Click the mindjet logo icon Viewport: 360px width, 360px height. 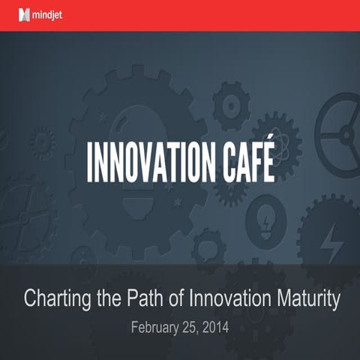coord(25,15)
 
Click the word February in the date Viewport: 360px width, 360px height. coord(156,328)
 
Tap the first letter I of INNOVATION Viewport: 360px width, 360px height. coord(91,160)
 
